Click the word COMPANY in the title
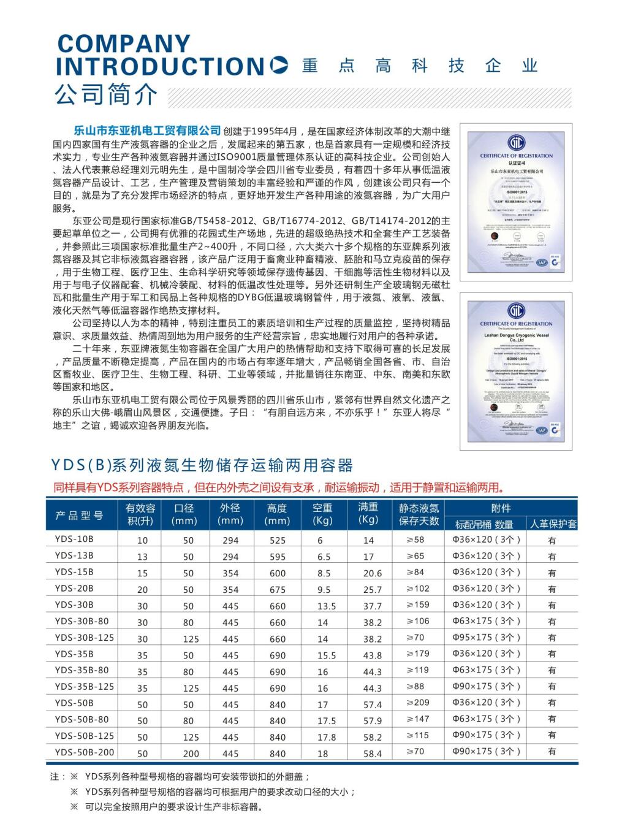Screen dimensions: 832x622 coord(124,44)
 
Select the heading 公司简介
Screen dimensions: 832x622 coord(106,94)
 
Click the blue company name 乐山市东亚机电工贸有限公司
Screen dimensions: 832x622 coord(147,131)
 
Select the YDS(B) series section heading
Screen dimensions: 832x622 coord(202,465)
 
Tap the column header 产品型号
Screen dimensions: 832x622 coord(80,515)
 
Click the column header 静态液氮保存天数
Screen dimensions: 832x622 coord(419,514)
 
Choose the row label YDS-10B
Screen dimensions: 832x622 coord(74,540)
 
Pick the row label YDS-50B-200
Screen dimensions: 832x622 coord(84,752)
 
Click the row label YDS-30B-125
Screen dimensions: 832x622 coord(84,638)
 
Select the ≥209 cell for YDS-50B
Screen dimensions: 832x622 coord(418,703)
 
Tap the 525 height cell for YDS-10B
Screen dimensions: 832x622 coord(277,541)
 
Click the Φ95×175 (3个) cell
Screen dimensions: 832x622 coord(486,638)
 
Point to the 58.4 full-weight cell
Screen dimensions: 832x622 coord(372,754)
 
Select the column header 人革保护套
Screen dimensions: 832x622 coord(553,524)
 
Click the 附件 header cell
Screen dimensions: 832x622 coord(501,508)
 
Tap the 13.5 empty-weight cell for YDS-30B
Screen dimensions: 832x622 coord(326,606)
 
